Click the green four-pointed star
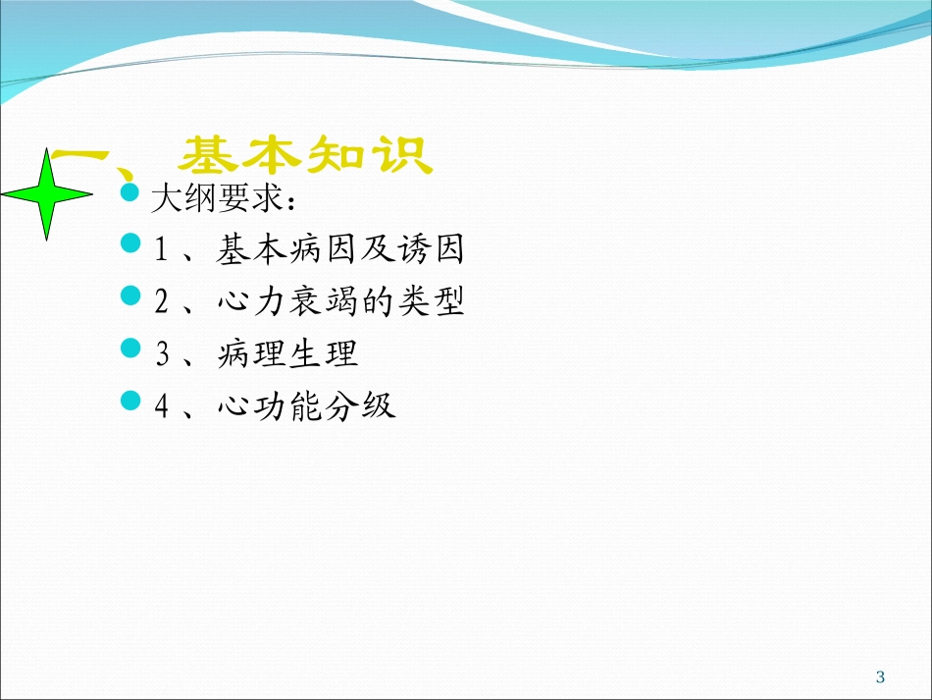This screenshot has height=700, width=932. coord(47,194)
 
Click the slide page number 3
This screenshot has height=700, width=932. coord(880,675)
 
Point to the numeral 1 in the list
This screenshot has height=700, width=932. coord(162,251)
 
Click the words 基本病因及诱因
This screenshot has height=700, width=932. coord(339,250)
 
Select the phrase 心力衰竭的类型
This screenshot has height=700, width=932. coord(339,302)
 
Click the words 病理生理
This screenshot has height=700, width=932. coord(287,354)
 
